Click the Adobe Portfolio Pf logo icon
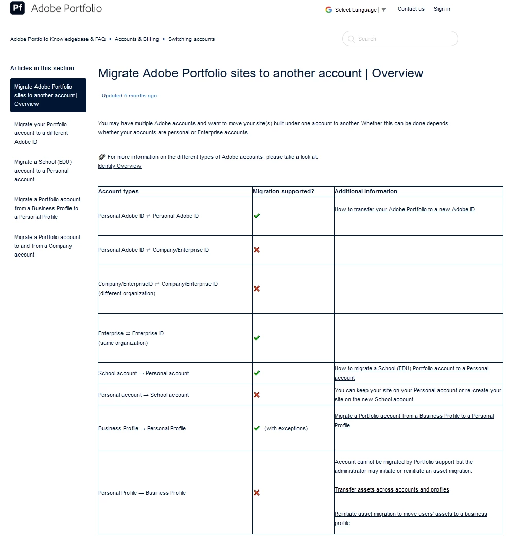(17, 8)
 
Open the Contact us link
(411, 9)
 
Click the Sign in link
(442, 9)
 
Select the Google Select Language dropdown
(356, 10)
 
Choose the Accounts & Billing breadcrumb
(137, 39)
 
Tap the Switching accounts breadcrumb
(191, 39)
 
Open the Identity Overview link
(119, 166)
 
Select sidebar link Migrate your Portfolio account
(41, 133)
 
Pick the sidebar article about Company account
(47, 246)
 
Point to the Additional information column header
(366, 191)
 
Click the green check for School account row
(257, 373)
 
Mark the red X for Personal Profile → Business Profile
(257, 493)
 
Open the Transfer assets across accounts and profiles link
(392, 490)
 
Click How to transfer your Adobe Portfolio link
(405, 210)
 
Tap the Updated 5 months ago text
(129, 96)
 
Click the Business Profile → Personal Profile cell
(142, 428)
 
